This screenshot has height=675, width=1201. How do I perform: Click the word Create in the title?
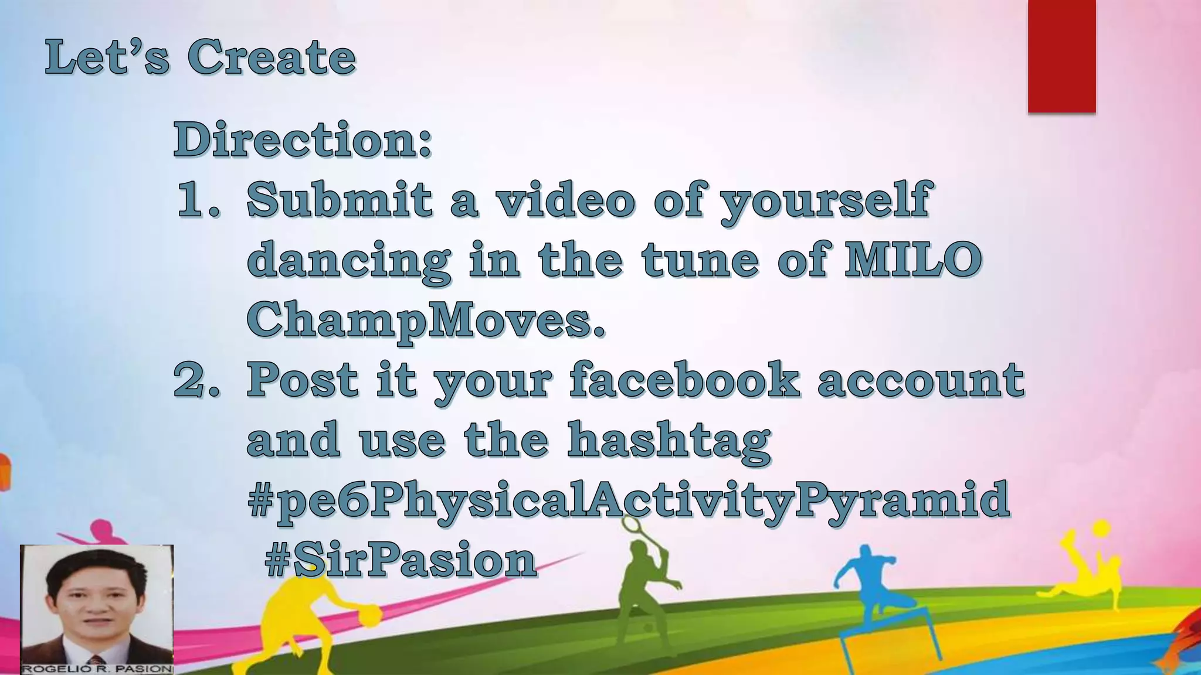[272, 57]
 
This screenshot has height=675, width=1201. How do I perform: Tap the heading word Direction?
[303, 139]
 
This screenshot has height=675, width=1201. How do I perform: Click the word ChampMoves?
[425, 319]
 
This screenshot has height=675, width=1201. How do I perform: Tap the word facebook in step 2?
[684, 380]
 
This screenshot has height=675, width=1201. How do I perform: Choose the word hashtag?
[669, 439]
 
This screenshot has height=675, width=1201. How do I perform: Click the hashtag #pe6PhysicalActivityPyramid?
[628, 500]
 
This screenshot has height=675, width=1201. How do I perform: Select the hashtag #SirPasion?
[401, 560]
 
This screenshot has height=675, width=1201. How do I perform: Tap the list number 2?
[196, 380]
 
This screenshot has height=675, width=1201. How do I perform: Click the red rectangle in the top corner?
[1061, 56]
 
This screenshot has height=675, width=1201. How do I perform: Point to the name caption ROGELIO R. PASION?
[97, 669]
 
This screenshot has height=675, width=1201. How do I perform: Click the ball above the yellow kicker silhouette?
[1101, 528]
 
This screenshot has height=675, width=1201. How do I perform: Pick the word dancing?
[349, 260]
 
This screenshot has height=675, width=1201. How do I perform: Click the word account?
[920, 380]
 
